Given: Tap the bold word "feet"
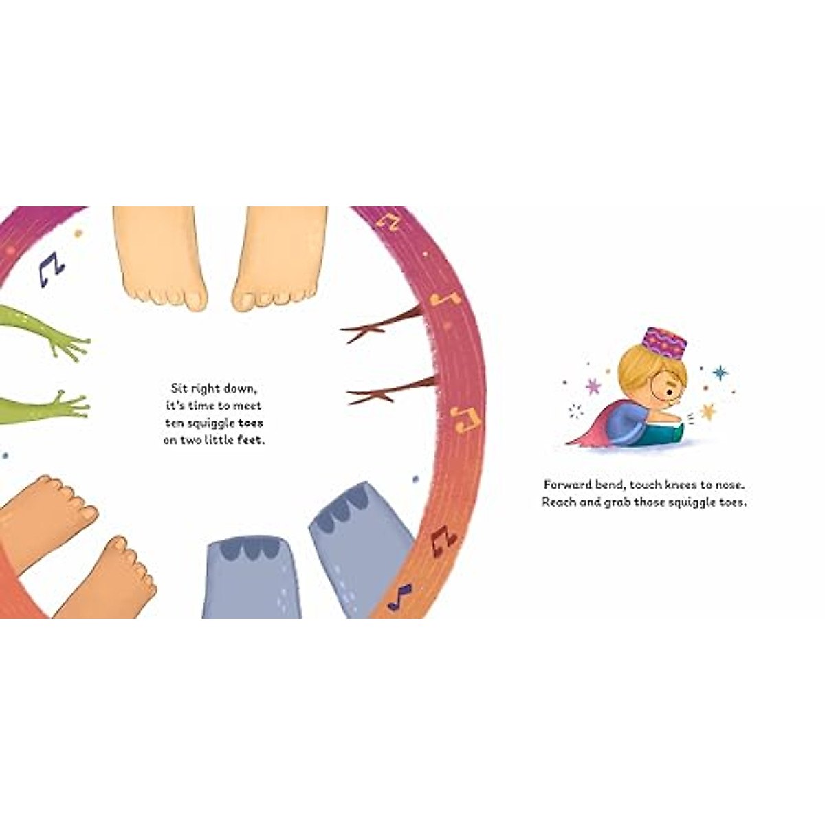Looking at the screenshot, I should point(250,441).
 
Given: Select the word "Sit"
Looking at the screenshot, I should point(179,388).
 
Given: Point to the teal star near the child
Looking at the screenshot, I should point(720,373).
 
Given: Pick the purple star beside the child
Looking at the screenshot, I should point(593,386).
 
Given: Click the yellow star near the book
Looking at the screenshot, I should point(707,412).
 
